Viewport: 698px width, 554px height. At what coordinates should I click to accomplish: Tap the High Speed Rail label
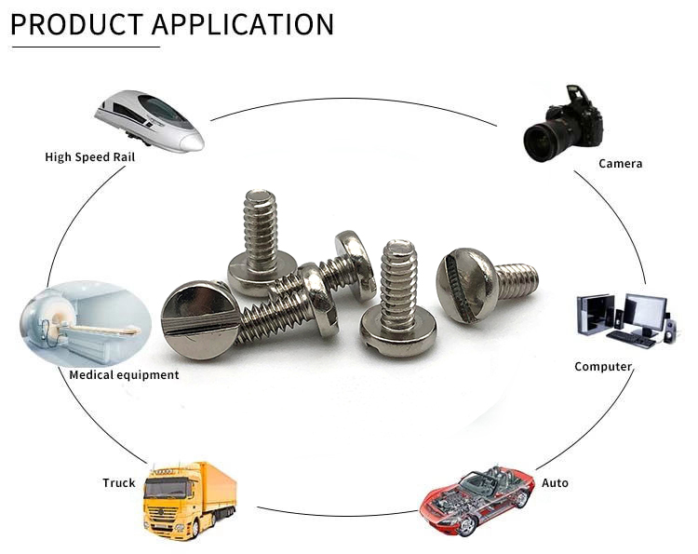tap(90, 157)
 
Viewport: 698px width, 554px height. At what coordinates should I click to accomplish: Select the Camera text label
tap(620, 164)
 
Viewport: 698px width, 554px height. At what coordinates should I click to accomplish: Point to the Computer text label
tap(603, 367)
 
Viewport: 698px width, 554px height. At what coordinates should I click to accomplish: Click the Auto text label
tap(555, 483)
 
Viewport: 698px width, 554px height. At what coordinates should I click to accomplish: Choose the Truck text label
tap(119, 483)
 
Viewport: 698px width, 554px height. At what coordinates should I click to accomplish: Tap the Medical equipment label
tap(124, 375)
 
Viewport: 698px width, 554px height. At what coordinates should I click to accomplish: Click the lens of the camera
tap(541, 142)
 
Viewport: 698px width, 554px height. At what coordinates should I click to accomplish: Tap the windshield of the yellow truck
tap(167, 487)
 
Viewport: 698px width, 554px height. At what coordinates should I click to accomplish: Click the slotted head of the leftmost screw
tap(196, 317)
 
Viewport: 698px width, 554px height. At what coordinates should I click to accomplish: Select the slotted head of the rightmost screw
tap(465, 285)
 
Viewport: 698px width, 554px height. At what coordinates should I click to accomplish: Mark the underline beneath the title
tap(85, 46)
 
